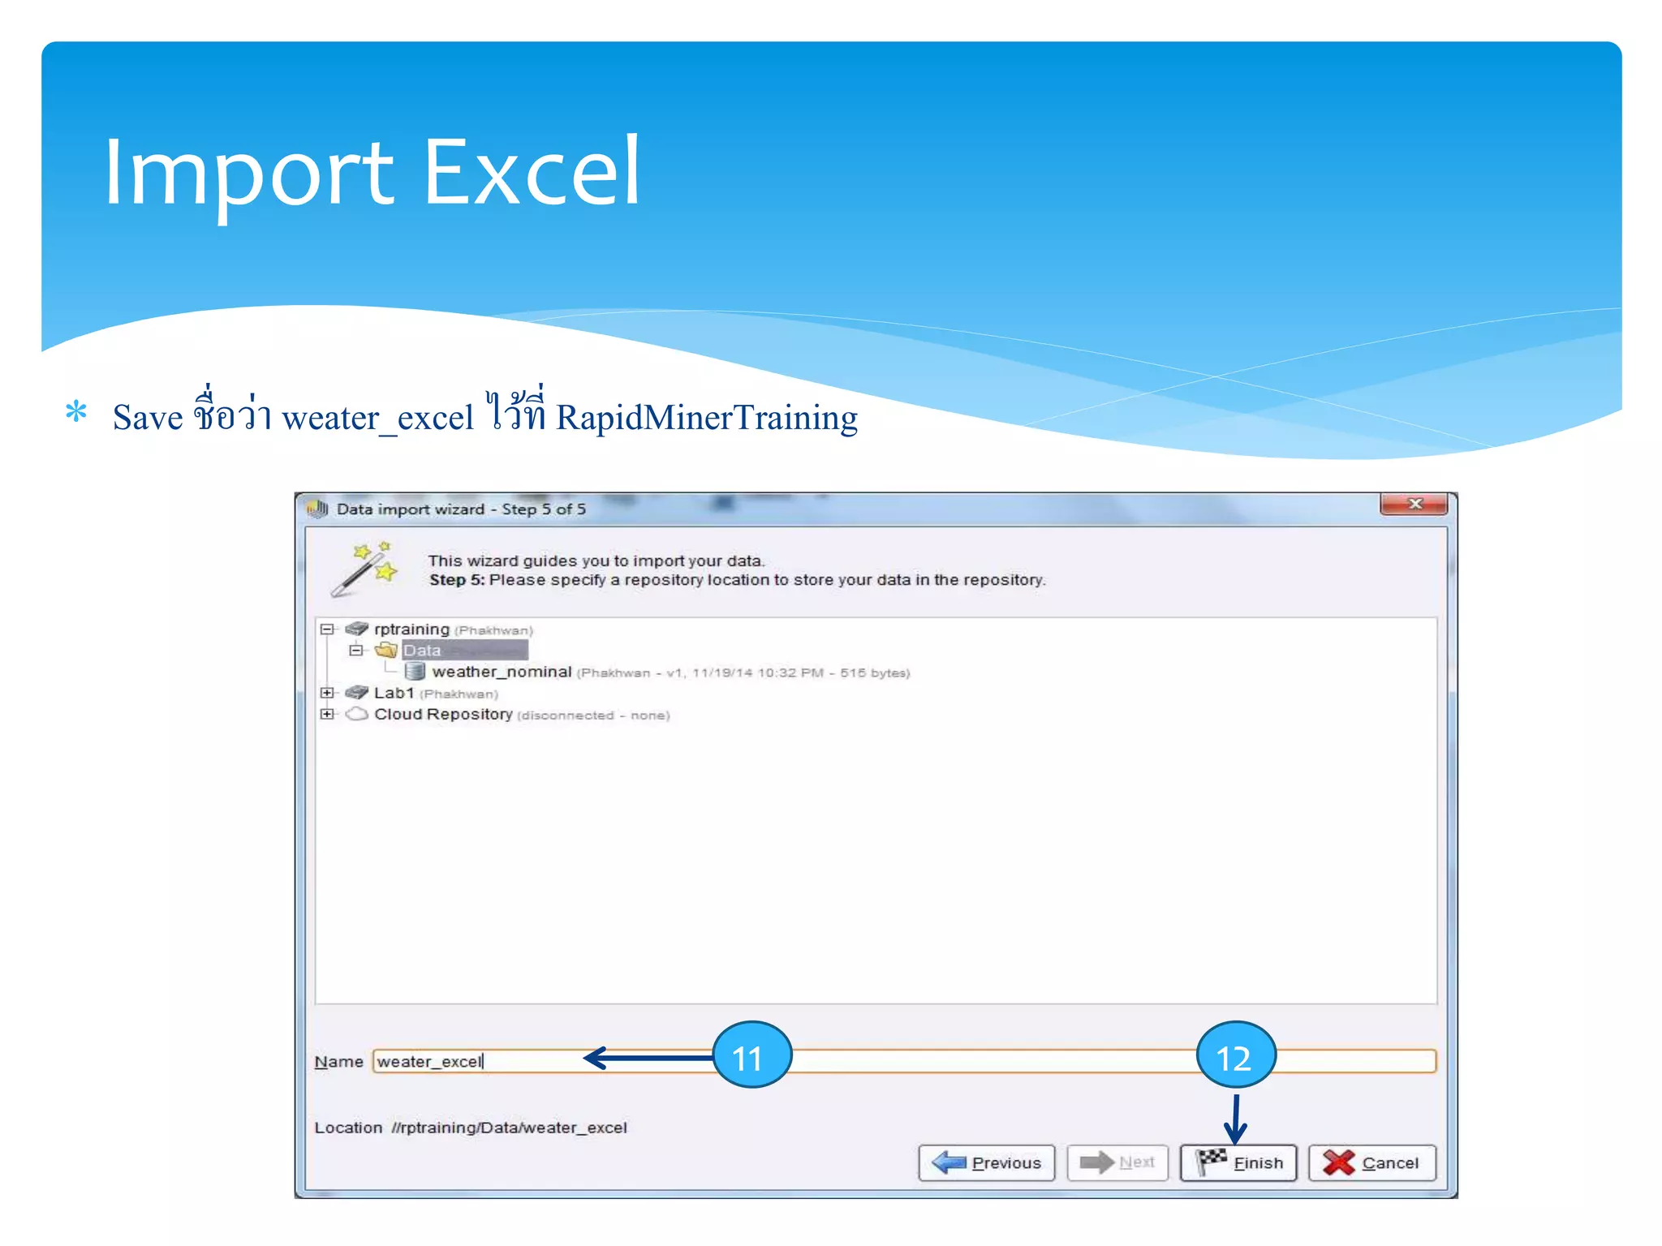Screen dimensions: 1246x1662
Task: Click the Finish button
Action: pos(1238,1162)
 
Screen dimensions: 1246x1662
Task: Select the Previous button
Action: pos(986,1162)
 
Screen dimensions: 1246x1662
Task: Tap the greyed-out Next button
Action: pos(1117,1162)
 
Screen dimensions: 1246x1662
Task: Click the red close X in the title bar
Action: pos(1414,505)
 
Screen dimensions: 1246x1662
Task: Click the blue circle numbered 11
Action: pos(751,1055)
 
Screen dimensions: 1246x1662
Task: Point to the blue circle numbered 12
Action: pos(1236,1055)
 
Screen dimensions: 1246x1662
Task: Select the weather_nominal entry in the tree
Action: pos(502,672)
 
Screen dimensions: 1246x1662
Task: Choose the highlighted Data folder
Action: pos(422,651)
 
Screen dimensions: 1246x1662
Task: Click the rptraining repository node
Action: pos(411,629)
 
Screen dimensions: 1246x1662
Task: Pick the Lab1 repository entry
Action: pos(394,693)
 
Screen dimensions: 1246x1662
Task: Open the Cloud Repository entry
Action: pos(443,714)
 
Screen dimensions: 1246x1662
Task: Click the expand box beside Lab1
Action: pos(327,693)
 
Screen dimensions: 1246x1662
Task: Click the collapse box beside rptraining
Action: pos(327,629)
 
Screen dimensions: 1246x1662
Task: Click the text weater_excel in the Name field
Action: pos(430,1062)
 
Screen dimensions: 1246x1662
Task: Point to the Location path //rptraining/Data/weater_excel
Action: pos(509,1128)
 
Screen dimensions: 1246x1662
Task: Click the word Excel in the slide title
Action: pos(532,172)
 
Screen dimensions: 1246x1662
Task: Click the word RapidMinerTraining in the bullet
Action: pos(706,418)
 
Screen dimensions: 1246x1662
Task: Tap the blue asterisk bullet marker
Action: pos(76,412)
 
